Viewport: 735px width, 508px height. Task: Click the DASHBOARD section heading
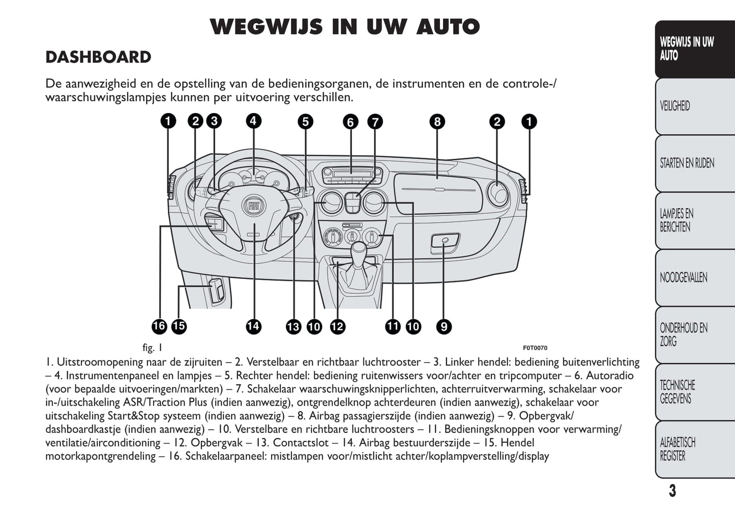pos(98,57)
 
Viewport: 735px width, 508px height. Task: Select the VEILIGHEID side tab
pos(675,106)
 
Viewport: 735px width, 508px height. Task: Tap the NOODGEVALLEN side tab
pos(683,277)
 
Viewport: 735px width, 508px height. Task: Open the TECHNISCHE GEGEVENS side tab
pos(678,391)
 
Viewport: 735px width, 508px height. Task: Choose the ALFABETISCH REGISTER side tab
pos(678,449)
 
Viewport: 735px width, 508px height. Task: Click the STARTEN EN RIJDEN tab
pos(687,163)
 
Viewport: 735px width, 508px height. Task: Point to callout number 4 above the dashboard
pos(253,121)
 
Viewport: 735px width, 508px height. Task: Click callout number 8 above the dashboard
pos(437,122)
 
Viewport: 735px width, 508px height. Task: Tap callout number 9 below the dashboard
pos(444,326)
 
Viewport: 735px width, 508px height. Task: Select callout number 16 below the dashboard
pos(159,326)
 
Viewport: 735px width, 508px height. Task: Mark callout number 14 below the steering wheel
pos(253,326)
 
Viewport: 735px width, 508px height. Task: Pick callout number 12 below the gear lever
pos(337,326)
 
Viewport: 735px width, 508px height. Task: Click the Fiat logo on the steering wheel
pos(254,205)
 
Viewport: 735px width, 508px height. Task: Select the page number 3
pos(672,491)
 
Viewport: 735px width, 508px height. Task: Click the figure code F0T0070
pos(535,348)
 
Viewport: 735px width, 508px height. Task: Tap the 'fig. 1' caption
pos(152,348)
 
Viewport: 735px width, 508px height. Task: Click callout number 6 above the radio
pos(350,122)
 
